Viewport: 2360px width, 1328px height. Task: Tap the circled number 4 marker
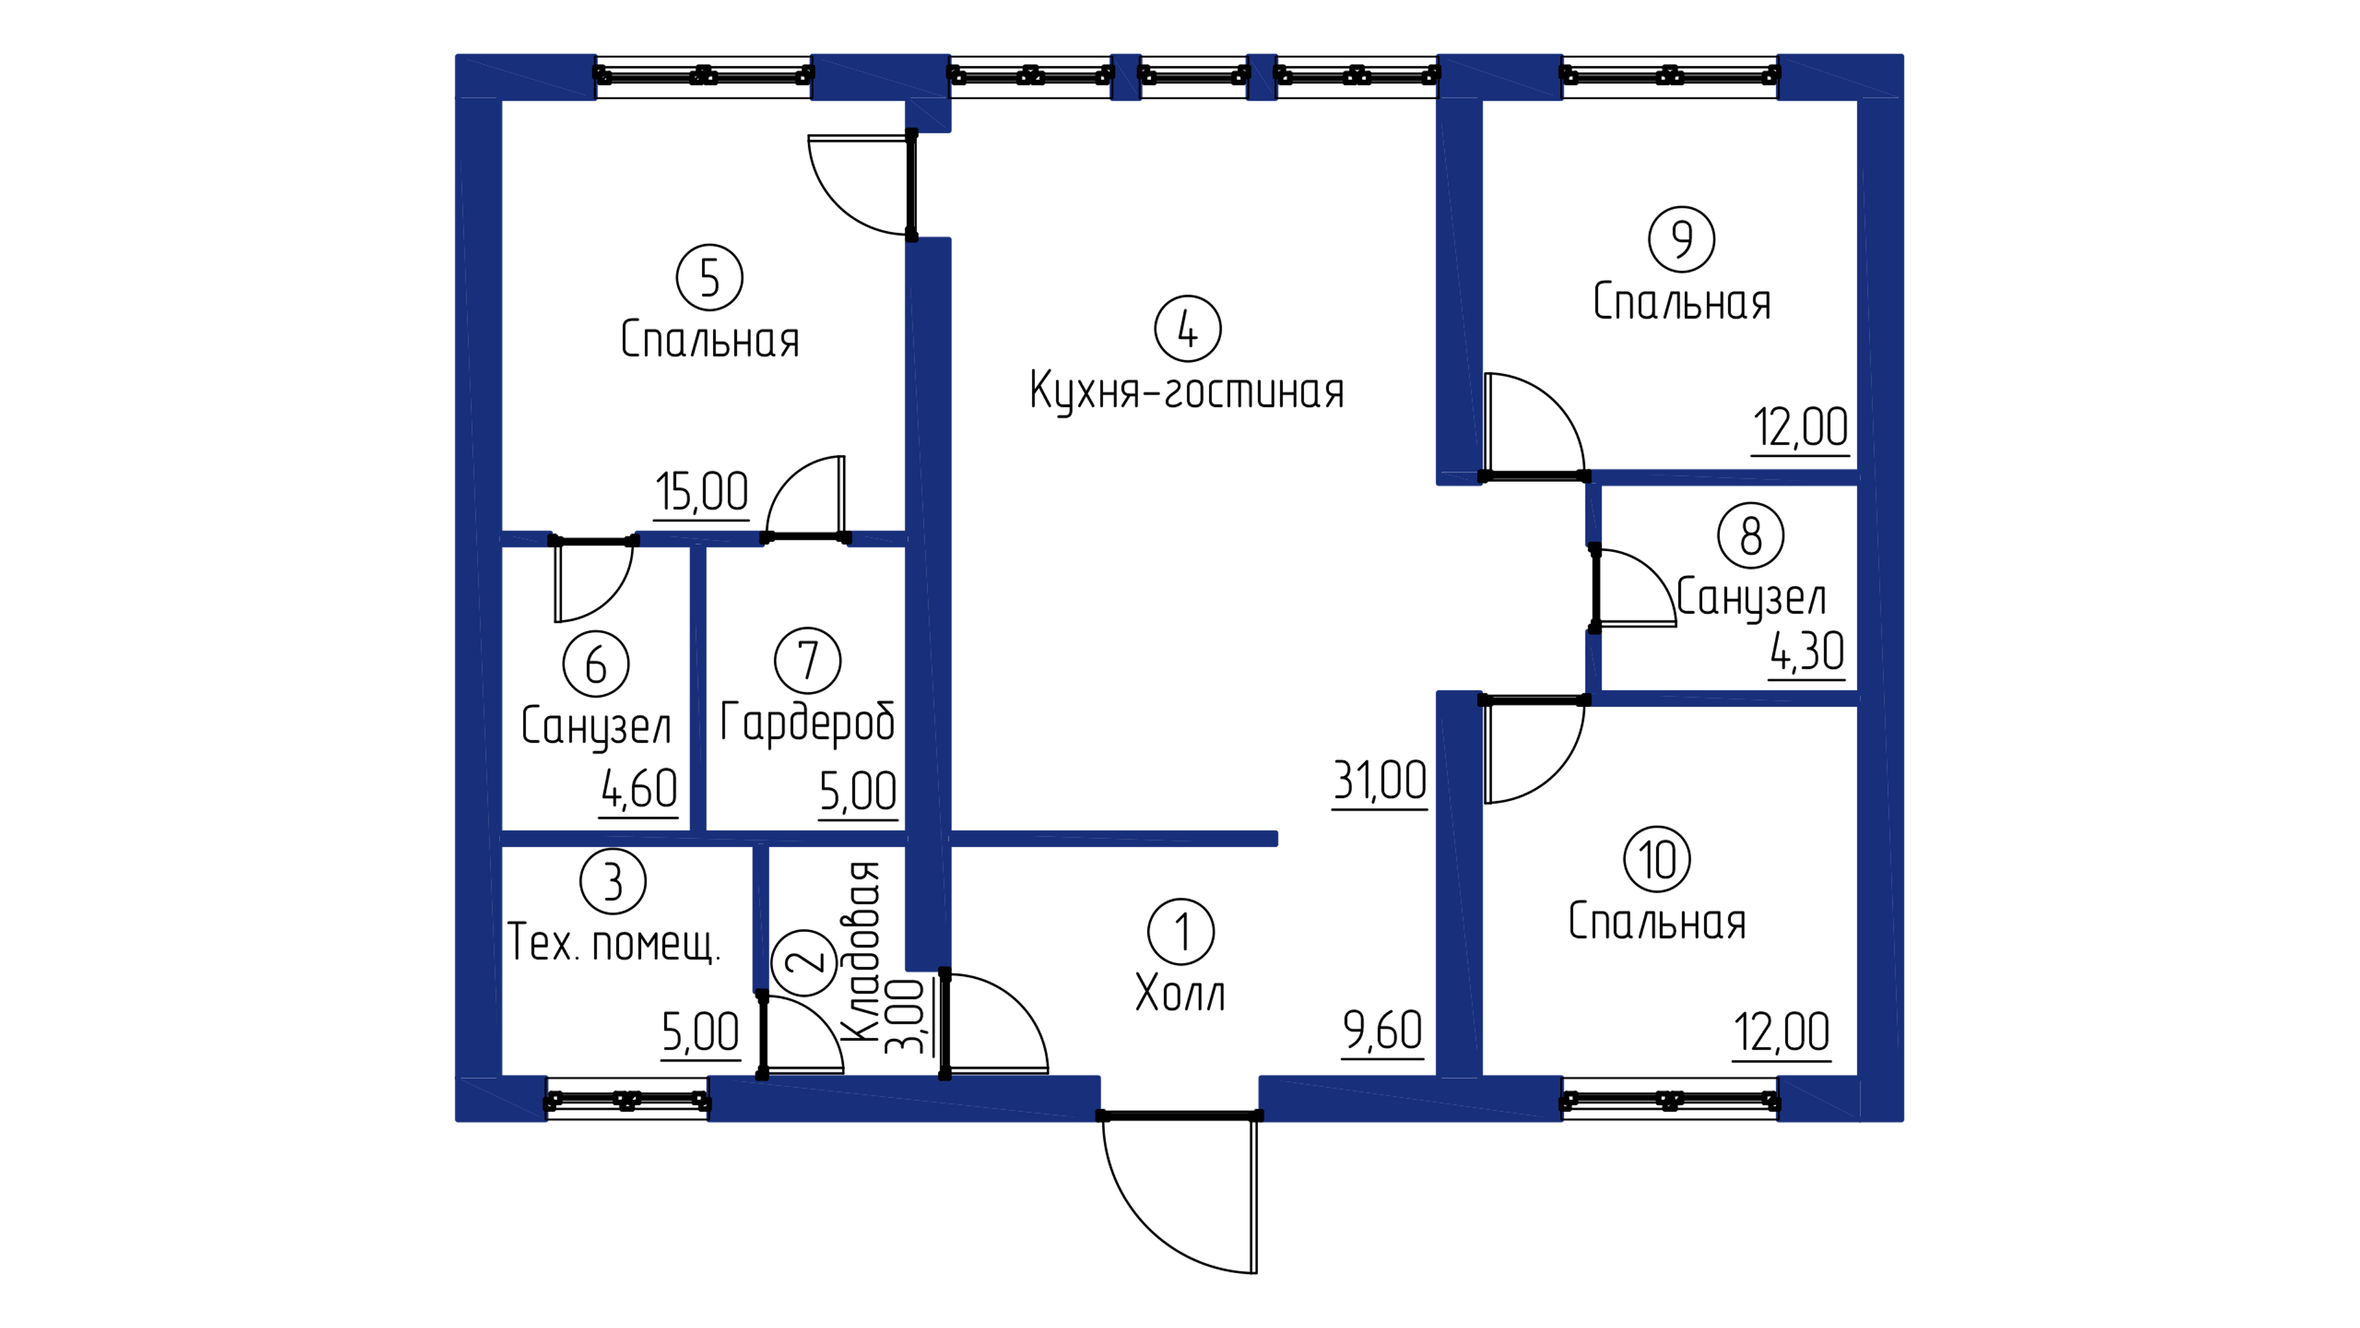click(1187, 329)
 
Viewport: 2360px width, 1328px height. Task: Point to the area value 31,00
click(1380, 781)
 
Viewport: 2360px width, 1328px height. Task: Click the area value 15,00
click(702, 492)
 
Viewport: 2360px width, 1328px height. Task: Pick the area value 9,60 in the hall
click(1382, 1030)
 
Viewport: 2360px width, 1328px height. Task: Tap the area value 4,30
click(1807, 652)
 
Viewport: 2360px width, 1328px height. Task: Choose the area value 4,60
click(639, 789)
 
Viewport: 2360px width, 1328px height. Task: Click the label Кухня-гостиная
click(1187, 392)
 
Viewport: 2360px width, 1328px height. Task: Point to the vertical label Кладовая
click(861, 951)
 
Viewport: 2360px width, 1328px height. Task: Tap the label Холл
click(1180, 992)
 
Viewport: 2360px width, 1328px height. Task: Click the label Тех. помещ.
click(614, 942)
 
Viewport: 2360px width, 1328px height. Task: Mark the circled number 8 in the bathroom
click(1751, 536)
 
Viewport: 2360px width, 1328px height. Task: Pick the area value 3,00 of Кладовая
click(908, 1016)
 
